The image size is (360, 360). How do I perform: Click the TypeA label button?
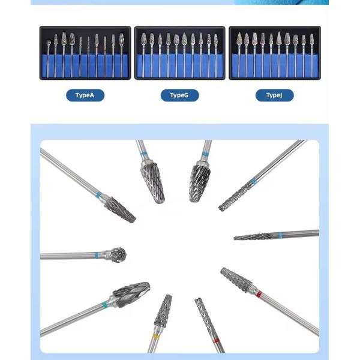[85, 95]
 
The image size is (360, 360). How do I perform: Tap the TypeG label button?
[179, 95]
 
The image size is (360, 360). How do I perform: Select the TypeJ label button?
[274, 95]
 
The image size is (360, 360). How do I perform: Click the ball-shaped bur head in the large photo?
[118, 254]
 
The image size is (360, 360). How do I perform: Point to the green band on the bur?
[104, 305]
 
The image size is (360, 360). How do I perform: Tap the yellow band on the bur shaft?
[156, 336]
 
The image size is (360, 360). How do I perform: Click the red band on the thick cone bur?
[259, 293]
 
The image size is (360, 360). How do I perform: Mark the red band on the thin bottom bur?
[216, 341]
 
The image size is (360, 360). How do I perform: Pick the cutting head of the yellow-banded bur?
[163, 310]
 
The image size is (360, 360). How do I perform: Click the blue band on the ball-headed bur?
[97, 256]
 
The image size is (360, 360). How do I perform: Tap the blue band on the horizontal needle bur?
[280, 235]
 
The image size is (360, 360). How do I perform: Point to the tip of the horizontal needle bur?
[234, 238]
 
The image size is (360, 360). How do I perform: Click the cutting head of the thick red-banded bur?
[236, 280]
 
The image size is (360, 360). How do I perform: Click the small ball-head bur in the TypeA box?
[49, 43]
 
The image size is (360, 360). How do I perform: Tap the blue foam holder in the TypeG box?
[179, 66]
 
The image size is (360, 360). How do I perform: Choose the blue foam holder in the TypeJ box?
[275, 65]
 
